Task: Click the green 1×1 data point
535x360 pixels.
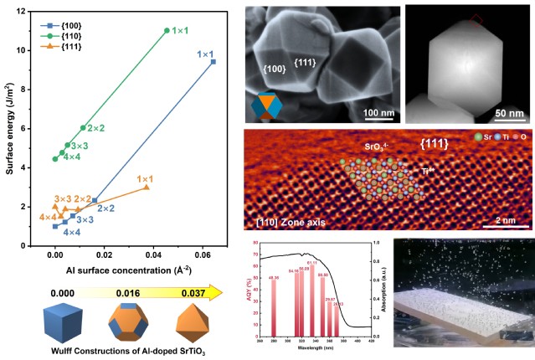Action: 167,31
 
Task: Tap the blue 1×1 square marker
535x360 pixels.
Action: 213,61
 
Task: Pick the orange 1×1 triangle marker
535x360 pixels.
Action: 147,188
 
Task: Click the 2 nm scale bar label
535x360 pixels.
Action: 504,219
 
